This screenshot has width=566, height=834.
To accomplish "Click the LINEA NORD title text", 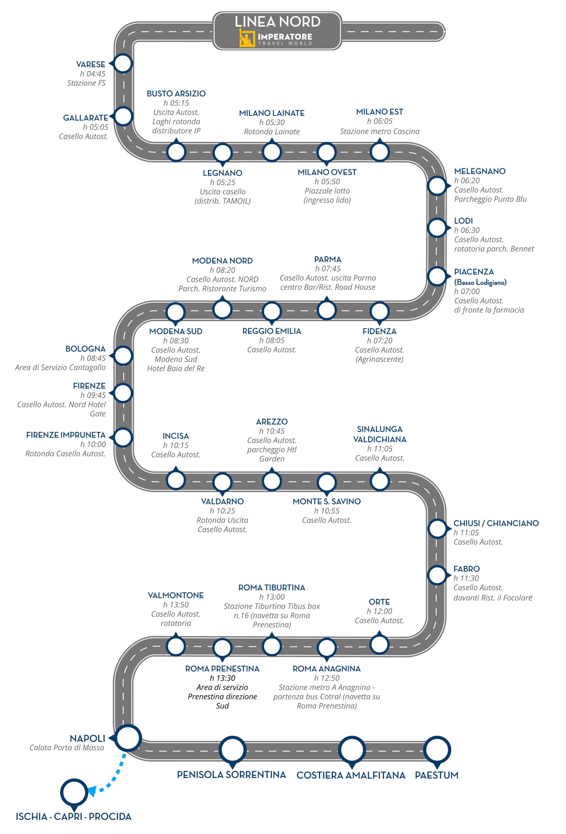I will (x=277, y=22).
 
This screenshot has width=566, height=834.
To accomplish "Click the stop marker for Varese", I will (x=123, y=64).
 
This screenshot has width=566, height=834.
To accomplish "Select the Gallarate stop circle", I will (x=123, y=116).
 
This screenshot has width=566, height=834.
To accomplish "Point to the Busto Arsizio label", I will (x=176, y=94).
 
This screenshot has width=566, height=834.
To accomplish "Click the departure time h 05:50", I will (x=327, y=181).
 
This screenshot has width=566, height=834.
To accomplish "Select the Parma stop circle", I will (x=327, y=310).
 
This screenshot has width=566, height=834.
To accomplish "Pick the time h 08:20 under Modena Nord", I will (x=223, y=270).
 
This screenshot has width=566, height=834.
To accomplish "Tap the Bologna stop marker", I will (x=123, y=356).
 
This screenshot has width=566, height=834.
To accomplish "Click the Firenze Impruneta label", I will (x=66, y=435).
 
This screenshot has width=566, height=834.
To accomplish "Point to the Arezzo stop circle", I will (x=272, y=481).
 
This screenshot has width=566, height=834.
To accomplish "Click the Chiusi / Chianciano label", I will (x=496, y=523).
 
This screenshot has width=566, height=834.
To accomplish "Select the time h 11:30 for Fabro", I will (x=466, y=578).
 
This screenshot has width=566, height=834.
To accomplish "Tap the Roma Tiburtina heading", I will (x=272, y=587).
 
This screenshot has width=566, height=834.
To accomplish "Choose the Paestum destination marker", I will (x=437, y=749).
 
